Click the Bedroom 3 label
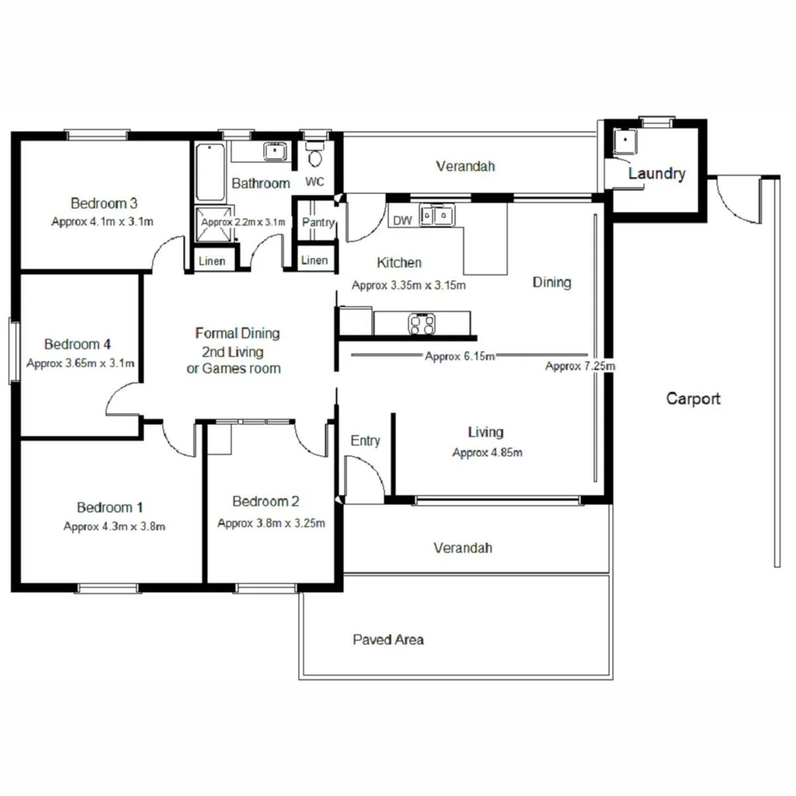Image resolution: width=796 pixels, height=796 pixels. pos(104,203)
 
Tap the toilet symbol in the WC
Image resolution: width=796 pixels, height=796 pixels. pos(315,156)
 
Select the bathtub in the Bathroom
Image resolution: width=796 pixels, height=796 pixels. pos(212,171)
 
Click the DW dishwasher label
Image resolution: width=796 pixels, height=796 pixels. pos(402,220)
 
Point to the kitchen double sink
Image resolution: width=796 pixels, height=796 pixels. pos(437,215)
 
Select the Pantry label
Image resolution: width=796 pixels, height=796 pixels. pos(318,222)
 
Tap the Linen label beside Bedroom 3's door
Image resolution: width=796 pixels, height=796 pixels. pos(212,261)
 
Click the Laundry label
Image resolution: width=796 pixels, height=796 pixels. pos(656,174)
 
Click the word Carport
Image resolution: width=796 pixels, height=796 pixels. pos(693,399)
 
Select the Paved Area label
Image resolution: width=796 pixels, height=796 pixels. pos(388,640)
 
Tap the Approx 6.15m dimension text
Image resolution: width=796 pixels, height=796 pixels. pos(459,356)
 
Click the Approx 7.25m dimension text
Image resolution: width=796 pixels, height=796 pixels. pos(579,366)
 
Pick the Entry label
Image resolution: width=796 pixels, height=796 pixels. pos(365,441)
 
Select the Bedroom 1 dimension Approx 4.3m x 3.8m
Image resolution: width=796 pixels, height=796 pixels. pos(114,526)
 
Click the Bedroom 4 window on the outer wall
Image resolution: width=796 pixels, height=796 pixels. pos(13,350)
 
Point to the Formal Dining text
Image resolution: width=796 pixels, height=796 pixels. pos(237,333)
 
